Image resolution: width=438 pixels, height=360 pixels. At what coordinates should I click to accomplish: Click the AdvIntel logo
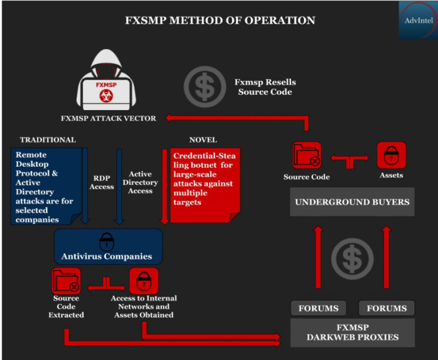tap(418, 20)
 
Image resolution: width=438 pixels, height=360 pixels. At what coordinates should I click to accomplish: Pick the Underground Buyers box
tap(352, 202)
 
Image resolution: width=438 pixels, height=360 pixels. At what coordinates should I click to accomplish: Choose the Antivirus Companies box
tap(107, 247)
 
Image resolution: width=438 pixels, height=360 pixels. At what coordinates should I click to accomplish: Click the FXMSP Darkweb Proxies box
tap(352, 332)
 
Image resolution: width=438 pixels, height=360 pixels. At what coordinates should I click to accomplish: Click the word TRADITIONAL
tap(48, 140)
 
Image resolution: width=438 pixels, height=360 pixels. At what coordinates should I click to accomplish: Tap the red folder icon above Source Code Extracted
tap(66, 281)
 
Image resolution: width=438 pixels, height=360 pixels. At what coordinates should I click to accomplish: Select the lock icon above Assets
tap(391, 156)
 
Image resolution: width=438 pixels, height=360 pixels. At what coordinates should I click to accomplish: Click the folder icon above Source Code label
tap(307, 156)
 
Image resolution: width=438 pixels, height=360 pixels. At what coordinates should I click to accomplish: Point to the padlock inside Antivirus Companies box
tap(106, 242)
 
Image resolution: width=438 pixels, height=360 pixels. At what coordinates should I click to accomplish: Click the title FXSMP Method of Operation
tap(220, 21)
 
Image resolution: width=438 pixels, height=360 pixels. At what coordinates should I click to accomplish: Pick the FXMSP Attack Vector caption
tap(108, 118)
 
